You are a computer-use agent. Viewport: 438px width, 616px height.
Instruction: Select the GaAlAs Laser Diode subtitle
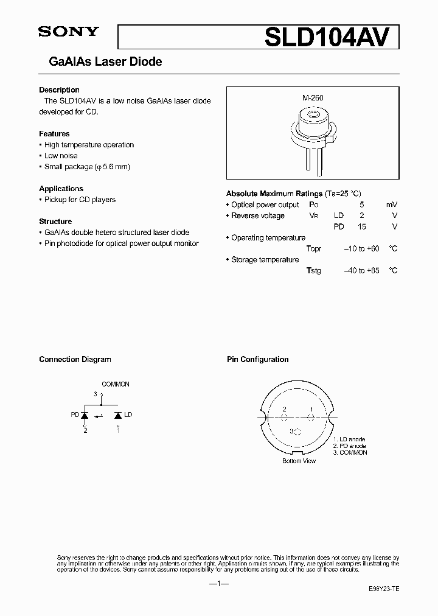pos(105,62)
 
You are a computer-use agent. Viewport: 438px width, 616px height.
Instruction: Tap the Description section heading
pos(59,90)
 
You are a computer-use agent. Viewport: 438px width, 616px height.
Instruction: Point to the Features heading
pos(54,134)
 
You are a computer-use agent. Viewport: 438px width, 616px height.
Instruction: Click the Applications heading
pos(61,189)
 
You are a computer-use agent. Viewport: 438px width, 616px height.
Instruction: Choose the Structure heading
pos(55,222)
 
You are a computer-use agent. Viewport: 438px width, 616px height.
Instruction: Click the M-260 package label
pos(313,97)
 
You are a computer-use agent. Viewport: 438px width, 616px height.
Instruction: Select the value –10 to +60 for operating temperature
pos(361,249)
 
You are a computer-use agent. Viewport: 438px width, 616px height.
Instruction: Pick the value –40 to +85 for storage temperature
pos(361,271)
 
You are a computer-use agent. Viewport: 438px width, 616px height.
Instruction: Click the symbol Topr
pos(314,249)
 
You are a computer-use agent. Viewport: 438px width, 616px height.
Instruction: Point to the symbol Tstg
pos(314,271)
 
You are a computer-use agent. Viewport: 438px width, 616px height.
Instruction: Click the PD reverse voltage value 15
pos(361,227)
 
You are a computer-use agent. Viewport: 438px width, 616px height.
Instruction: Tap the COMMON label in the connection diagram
pos(115,385)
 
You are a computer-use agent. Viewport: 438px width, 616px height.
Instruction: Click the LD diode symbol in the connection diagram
pos(117,415)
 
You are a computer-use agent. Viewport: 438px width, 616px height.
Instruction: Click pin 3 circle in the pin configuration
pos(297,432)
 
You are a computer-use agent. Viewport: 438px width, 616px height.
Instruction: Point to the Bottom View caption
pos(299,461)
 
